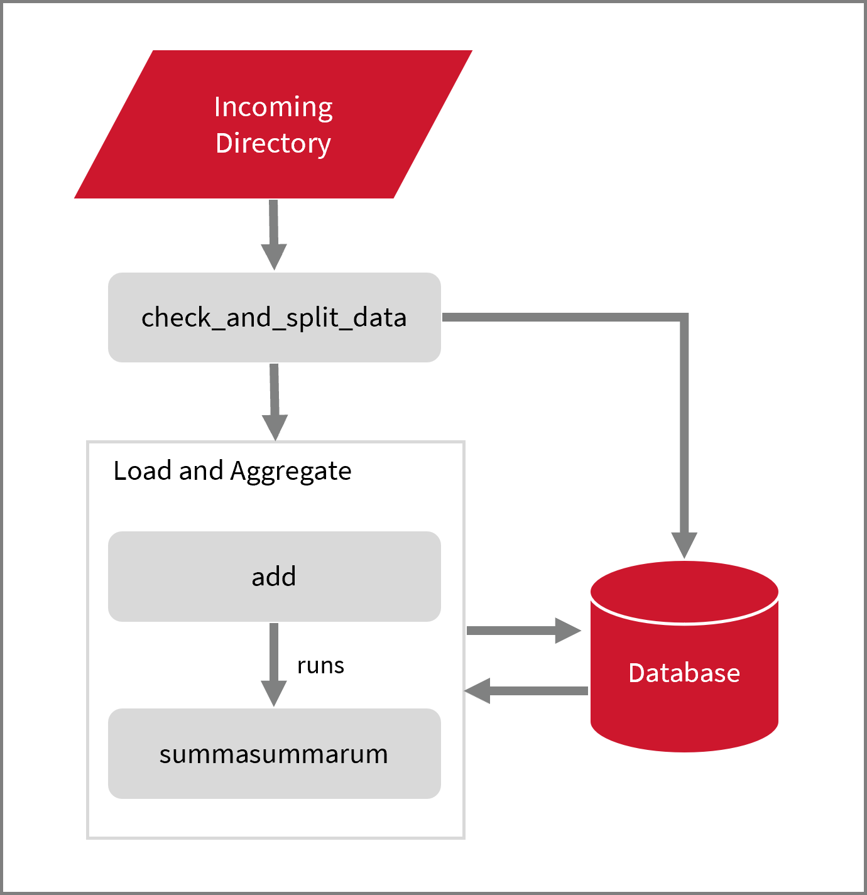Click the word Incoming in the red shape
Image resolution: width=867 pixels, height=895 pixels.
coord(273,107)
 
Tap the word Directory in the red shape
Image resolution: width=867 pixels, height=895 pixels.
coord(273,143)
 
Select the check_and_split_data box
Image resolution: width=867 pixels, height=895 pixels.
coord(275,317)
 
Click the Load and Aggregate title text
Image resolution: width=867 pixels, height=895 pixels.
coord(232,471)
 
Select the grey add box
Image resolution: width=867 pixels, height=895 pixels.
coord(275,577)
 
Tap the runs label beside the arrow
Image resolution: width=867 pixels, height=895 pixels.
coord(320,665)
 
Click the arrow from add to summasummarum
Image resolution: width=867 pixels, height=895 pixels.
coord(274,663)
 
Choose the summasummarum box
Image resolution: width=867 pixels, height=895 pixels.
coord(275,754)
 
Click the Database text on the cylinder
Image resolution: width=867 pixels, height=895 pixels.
coord(684,673)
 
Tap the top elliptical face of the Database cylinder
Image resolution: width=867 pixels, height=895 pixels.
coord(684,592)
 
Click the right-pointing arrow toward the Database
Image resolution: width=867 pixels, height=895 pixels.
coord(521,631)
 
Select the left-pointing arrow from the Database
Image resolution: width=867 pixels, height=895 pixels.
coord(528,691)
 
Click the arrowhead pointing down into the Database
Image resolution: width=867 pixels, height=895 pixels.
coord(684,545)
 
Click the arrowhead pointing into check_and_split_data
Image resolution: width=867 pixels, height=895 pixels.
coord(274,256)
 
